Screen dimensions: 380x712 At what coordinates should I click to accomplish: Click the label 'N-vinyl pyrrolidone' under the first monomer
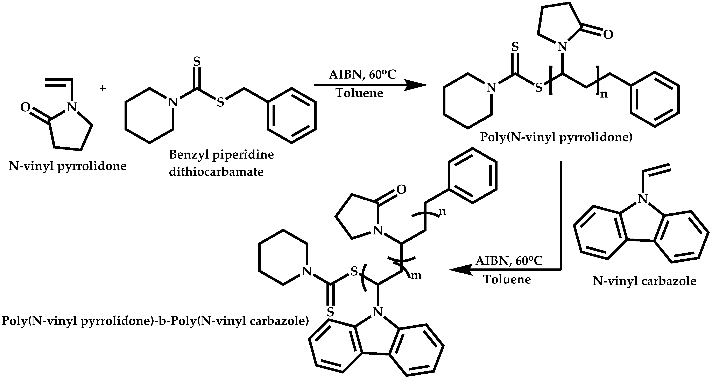tap(68, 166)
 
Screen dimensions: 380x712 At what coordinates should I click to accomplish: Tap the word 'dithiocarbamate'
tap(216, 172)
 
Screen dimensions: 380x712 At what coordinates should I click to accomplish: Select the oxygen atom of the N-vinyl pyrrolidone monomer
tap(26, 107)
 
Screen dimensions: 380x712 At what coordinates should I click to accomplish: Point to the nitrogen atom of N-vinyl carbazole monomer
tap(643, 198)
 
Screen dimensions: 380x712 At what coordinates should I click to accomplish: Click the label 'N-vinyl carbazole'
tap(644, 281)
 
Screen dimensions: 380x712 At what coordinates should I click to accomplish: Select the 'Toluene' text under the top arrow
tap(359, 93)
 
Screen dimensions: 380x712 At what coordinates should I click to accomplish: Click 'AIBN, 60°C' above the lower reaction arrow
tap(509, 261)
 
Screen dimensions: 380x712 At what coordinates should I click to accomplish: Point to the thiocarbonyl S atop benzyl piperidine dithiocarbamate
tap(197, 62)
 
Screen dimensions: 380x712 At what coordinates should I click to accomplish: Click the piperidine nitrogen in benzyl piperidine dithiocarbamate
tap(173, 102)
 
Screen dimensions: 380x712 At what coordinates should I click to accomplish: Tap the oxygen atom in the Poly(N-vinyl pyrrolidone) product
tap(608, 35)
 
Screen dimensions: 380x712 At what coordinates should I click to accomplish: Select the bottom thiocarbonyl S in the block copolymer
tap(330, 312)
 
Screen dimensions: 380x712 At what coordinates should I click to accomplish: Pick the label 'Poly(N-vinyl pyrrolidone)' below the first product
tap(556, 137)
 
